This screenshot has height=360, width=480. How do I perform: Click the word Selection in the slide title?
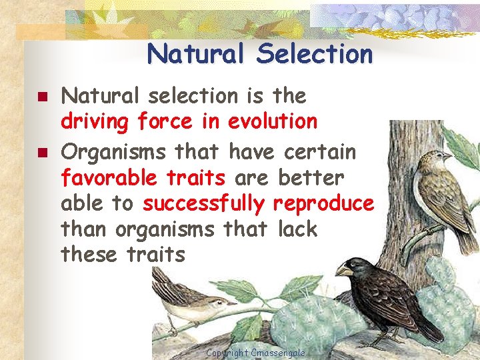[x=315, y=54]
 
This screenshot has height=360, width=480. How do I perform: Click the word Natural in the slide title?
[x=195, y=54]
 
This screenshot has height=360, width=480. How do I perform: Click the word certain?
[x=320, y=152]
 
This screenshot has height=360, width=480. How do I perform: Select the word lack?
[x=297, y=229]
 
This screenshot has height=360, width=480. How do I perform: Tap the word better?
[x=311, y=178]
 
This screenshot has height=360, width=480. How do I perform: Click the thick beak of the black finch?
[x=345, y=270]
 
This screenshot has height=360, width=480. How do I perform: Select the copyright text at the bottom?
[x=256, y=353]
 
